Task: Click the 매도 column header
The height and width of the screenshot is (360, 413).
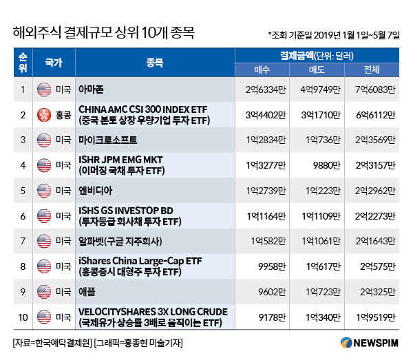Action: (x=322, y=70)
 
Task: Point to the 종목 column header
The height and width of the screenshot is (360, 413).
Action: (x=154, y=63)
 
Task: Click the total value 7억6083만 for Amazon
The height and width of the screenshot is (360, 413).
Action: (x=377, y=88)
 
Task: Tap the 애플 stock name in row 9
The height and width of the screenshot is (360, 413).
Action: (x=88, y=292)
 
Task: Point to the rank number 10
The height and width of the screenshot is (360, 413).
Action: (x=22, y=317)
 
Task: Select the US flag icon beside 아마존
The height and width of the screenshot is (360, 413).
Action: (x=44, y=88)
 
